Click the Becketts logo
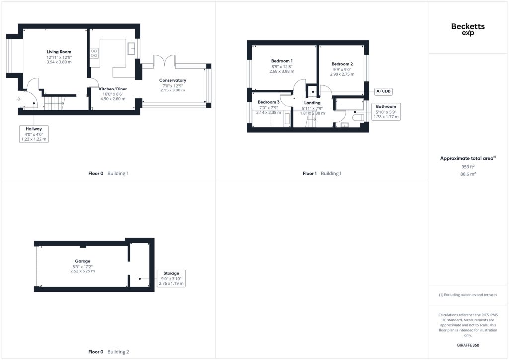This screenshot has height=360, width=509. point(468,29)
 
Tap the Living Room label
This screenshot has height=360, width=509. point(59,52)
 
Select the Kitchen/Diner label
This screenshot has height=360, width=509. point(113,89)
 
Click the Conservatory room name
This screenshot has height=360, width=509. point(172,80)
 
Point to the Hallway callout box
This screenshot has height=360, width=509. point(34,134)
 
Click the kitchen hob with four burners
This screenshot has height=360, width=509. point(94,53)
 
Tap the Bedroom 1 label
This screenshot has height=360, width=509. point(282,61)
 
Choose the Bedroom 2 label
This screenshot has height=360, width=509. point(342,64)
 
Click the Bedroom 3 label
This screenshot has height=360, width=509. point(269,102)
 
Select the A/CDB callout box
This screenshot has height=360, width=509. point(383,91)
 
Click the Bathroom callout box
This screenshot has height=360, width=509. point(386,112)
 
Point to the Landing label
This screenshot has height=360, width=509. point(312,103)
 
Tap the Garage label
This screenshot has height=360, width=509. point(83,261)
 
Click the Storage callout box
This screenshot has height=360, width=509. point(171,278)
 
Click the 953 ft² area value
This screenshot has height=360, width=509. point(468,167)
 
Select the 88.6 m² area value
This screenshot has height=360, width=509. point(468,174)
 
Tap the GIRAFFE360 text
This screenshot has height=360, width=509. point(468,345)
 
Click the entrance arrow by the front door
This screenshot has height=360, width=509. point(18,99)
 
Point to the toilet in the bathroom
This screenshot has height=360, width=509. point(359,117)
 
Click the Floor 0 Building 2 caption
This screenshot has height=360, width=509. point(109,352)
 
